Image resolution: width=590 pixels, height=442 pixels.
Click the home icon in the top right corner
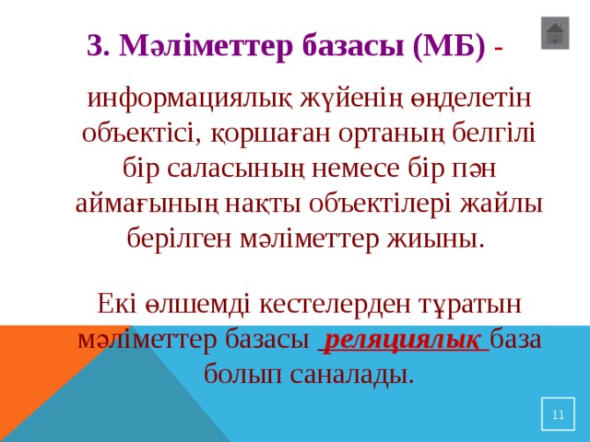click(x=554, y=34)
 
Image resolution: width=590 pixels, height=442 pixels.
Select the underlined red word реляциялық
click(x=403, y=338)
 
